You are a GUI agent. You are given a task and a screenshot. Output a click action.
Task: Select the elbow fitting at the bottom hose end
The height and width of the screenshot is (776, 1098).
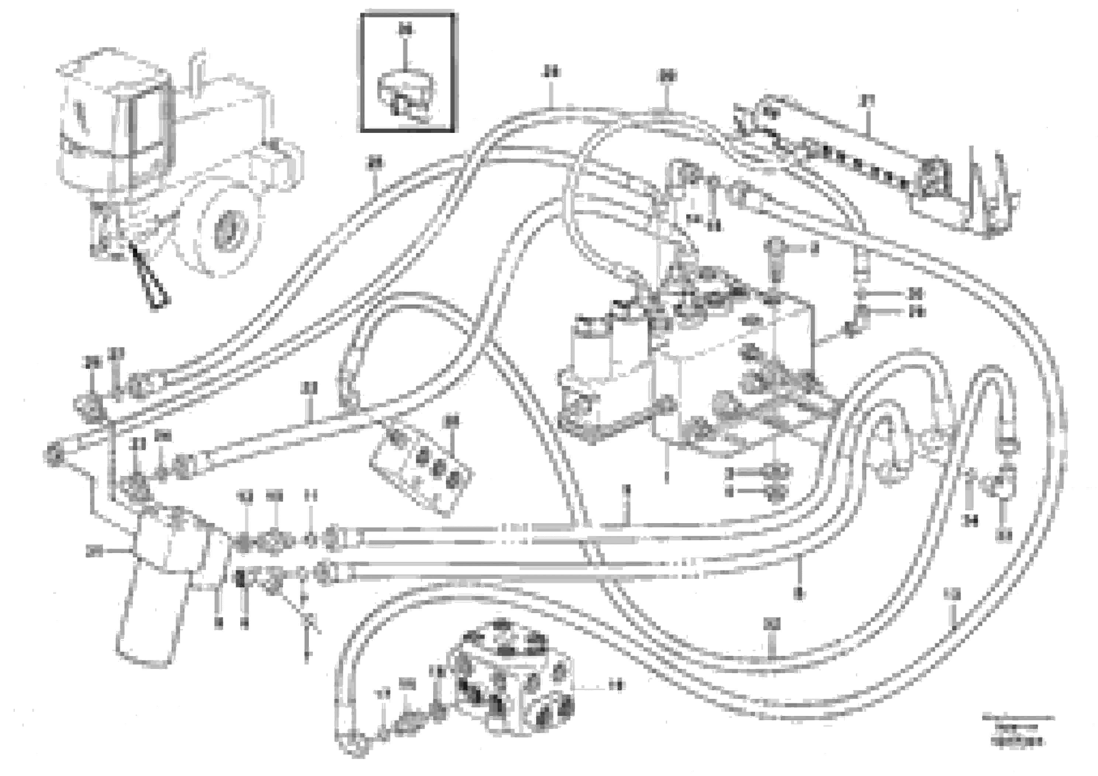pyautogui.click(x=352, y=746)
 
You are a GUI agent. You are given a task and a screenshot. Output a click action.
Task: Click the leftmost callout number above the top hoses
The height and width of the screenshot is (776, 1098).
pyautogui.click(x=375, y=164)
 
